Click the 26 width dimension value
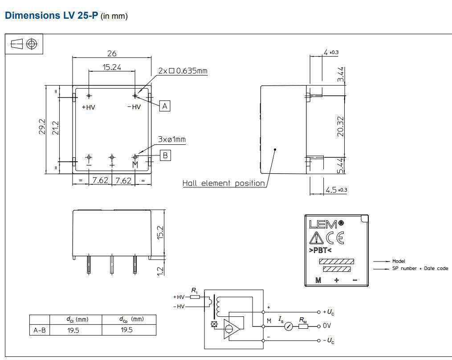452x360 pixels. pos(111,53)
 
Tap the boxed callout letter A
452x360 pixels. pos(165,106)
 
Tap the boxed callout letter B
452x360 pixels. pos(165,155)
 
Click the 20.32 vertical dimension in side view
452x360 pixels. pos(341,126)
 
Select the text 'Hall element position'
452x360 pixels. pos(224,183)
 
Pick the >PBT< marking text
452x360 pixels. pos(320,250)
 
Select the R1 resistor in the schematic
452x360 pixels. pos(195,296)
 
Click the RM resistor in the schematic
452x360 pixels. pos(303,326)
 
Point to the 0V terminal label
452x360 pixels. pos(326,326)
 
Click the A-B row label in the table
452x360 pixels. pos(40,330)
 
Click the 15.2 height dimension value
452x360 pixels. pos(161,233)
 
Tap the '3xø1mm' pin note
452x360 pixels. pos(171,140)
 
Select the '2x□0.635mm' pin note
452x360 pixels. pos(183,71)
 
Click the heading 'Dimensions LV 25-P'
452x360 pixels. pos(51,16)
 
